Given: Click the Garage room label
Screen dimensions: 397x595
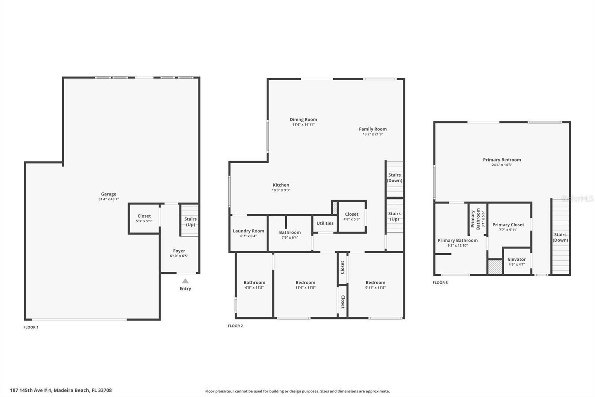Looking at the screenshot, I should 109,194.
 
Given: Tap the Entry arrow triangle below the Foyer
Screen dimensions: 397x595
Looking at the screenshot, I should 185,281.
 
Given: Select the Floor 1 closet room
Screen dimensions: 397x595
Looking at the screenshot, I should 144,219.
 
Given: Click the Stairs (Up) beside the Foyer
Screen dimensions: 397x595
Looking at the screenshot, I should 190,222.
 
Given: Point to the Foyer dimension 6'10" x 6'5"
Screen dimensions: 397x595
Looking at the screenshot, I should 179,256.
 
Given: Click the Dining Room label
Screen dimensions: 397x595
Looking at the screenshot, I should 303,120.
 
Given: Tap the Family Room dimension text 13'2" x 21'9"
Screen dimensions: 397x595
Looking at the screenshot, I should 373,134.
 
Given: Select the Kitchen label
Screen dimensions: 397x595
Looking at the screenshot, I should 281,185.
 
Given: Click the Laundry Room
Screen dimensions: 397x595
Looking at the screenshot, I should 248,233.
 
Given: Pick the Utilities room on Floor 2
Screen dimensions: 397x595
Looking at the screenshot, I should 325,223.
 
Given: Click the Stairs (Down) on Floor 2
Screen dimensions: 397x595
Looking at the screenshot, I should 395,178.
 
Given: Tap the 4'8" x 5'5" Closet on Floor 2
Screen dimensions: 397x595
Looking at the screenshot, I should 351,217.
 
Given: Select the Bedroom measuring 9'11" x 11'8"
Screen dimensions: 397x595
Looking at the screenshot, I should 375,285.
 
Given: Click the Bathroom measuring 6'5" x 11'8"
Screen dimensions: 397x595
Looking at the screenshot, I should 254,285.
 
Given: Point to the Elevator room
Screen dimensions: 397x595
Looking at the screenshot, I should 517,261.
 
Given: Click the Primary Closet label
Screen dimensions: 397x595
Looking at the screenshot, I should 508,225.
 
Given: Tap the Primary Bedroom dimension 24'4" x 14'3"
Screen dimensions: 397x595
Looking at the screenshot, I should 502,165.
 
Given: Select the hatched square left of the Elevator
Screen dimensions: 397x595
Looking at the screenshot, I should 495,267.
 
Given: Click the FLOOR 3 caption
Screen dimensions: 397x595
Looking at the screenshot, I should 440,283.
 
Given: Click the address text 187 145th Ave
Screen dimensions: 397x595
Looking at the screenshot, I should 61,390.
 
